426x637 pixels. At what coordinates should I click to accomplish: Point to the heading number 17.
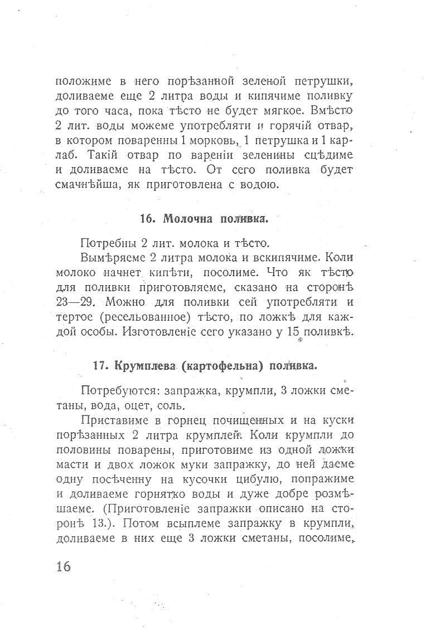(x=100, y=366)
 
